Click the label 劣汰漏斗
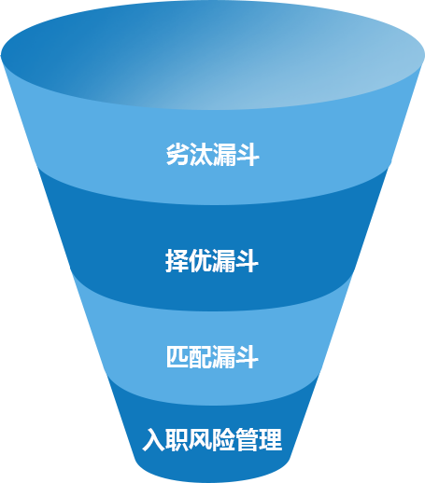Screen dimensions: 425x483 (x=213, y=155)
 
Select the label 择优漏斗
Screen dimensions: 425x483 (x=212, y=261)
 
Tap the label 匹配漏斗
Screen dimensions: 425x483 (x=212, y=357)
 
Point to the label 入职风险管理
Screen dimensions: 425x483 (x=212, y=439)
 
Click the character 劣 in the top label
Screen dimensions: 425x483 (x=177, y=155)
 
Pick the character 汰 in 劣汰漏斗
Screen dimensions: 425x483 (x=201, y=155)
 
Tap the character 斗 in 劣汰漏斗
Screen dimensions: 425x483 (x=248, y=155)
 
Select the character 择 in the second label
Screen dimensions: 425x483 (x=177, y=261)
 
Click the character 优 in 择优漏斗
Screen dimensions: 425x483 (x=200, y=261)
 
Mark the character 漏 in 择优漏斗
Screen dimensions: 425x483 (x=223, y=261)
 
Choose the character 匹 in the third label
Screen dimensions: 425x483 (x=177, y=357)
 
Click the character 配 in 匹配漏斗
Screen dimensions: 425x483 (x=201, y=357)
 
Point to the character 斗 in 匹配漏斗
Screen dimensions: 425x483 (x=248, y=357)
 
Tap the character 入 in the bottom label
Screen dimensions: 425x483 (x=154, y=439)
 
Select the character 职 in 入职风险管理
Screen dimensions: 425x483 (x=177, y=439)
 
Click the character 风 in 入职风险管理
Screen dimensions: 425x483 (x=201, y=439)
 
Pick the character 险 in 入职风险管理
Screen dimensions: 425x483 (x=224, y=439)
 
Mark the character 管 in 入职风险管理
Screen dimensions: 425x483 (x=248, y=439)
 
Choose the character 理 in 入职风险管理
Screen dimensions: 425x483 (x=271, y=439)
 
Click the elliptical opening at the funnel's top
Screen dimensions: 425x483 (x=213, y=55)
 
